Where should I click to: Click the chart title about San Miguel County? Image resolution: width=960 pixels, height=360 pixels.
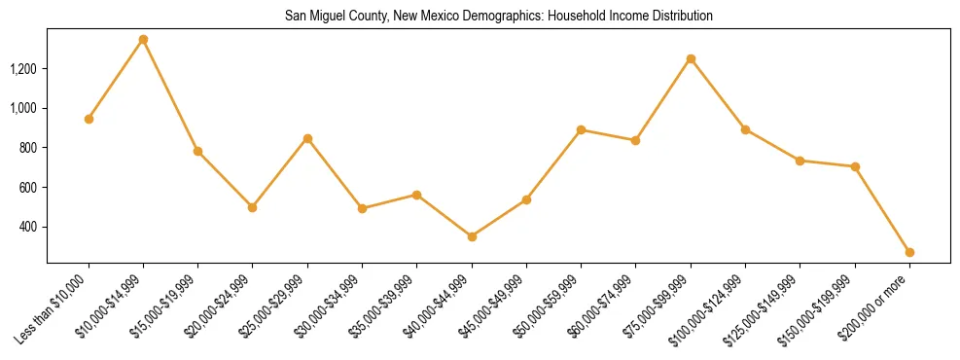coord(499,17)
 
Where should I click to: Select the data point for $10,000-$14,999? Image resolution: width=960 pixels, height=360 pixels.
coord(143,40)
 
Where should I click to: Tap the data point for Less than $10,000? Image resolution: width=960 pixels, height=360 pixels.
coord(89,119)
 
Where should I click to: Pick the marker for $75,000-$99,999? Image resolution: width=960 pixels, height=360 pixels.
coord(691,59)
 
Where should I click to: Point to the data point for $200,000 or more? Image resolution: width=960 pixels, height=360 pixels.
coord(909,252)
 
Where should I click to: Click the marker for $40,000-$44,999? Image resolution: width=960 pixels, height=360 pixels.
coord(472,236)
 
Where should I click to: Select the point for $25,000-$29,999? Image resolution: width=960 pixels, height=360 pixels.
coord(307,138)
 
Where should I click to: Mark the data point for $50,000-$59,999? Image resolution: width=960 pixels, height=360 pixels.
coord(581,129)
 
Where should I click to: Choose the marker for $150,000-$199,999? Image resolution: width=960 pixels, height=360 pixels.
coord(855,166)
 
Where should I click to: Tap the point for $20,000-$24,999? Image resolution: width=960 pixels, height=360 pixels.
coord(253,207)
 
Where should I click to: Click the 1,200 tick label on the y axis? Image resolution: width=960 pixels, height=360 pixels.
coord(23,69)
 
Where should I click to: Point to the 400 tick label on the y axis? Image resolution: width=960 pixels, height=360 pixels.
coord(28,227)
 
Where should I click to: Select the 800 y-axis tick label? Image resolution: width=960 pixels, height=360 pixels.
coord(28,148)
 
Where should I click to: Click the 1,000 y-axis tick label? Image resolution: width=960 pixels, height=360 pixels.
coord(23,108)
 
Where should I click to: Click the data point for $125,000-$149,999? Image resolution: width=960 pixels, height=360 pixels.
coord(800,161)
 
